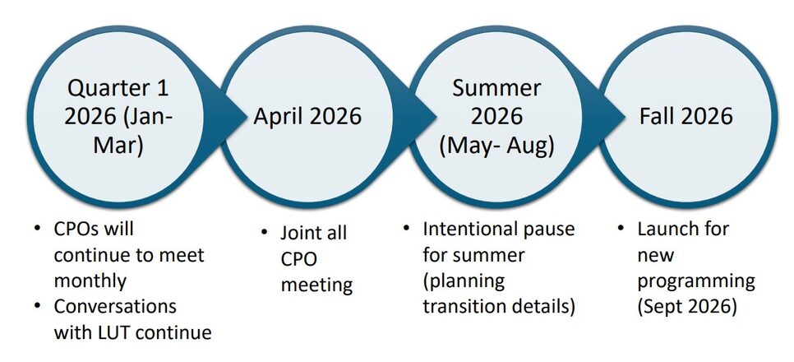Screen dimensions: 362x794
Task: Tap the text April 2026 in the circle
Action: point(307,116)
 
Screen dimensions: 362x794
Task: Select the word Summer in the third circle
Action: point(496,87)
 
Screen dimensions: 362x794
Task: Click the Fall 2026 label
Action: point(686,116)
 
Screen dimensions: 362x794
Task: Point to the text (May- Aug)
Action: point(496,145)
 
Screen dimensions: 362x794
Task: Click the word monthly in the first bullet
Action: point(90,280)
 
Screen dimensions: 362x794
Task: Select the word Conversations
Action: point(115,306)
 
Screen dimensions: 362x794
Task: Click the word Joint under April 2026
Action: point(302,233)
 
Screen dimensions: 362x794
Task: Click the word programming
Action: point(695,280)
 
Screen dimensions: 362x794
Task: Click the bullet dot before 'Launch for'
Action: point(621,228)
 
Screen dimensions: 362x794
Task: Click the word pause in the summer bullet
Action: point(552,228)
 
